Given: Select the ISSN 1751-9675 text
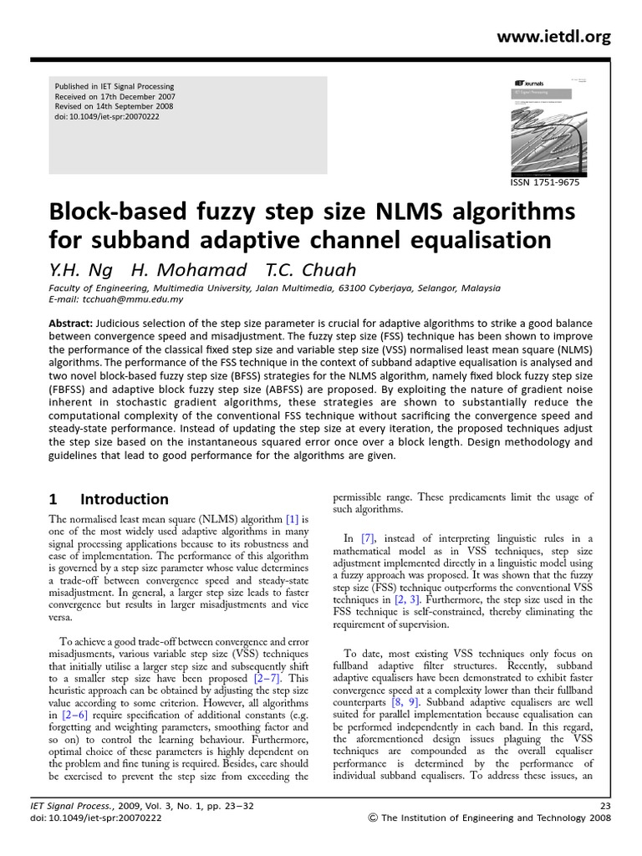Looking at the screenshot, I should [x=543, y=182].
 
